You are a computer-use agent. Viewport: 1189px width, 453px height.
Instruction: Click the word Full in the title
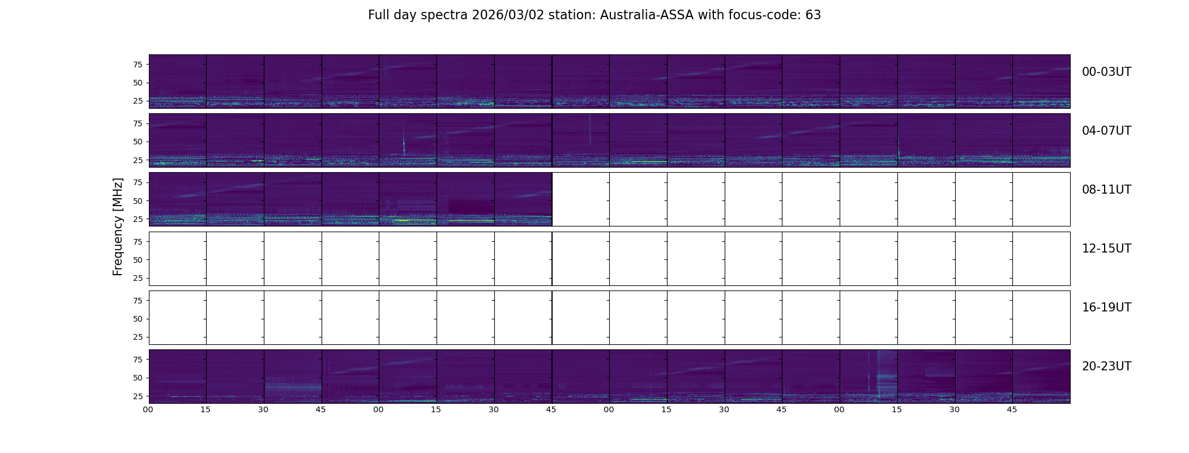pyautogui.click(x=378, y=15)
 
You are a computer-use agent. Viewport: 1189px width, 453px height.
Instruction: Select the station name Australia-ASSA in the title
pyautogui.click(x=647, y=15)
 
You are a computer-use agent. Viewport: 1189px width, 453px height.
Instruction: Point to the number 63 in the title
pyautogui.click(x=813, y=15)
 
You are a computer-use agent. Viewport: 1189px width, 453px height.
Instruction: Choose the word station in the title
pyautogui.click(x=572, y=15)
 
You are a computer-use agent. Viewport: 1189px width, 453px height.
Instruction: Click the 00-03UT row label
pyautogui.click(x=1106, y=72)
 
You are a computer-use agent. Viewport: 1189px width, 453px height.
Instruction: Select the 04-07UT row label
pyautogui.click(x=1106, y=131)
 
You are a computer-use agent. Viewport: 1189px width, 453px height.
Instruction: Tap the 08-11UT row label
pyautogui.click(x=1106, y=190)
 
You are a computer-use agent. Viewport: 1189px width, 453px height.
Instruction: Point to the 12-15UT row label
pyautogui.click(x=1106, y=249)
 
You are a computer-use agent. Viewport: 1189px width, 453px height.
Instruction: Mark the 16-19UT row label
pyautogui.click(x=1106, y=307)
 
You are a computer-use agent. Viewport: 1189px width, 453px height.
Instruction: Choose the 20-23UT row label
pyautogui.click(x=1106, y=366)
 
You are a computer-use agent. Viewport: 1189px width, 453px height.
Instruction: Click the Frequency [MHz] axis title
pyautogui.click(x=118, y=227)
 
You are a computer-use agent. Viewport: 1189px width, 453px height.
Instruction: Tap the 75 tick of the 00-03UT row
pyautogui.click(x=138, y=65)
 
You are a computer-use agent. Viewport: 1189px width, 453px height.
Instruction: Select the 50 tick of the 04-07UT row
pyautogui.click(x=138, y=142)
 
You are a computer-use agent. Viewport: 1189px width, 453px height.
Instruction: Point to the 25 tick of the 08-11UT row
pyautogui.click(x=138, y=219)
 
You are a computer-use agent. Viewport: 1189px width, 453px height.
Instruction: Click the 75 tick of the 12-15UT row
pyautogui.click(x=138, y=242)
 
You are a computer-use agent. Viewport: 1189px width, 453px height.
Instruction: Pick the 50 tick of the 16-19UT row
pyautogui.click(x=138, y=319)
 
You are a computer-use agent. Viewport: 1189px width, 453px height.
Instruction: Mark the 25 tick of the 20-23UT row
pyautogui.click(x=138, y=396)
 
